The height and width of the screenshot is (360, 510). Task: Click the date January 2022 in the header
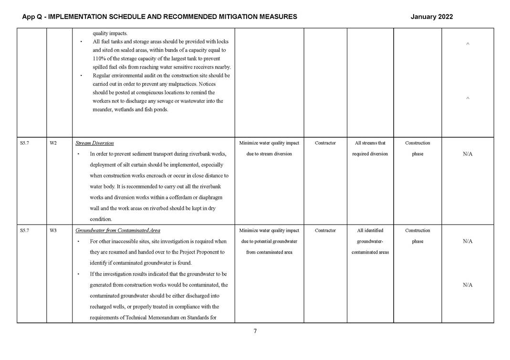(431, 17)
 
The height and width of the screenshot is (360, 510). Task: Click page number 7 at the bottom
(255, 331)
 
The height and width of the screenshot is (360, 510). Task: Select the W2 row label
(53, 143)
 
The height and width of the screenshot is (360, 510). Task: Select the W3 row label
(53, 231)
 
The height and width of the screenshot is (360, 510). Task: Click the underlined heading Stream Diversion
(94, 143)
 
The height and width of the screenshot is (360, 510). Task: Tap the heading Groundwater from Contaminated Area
(118, 231)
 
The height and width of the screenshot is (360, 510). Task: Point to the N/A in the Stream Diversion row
(467, 154)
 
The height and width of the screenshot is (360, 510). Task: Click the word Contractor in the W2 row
(325, 143)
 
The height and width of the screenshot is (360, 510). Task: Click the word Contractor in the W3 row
(325, 231)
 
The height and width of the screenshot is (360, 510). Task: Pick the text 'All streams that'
(370, 143)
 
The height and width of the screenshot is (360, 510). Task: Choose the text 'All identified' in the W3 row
(370, 231)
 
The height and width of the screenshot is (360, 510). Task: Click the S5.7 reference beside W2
(25, 143)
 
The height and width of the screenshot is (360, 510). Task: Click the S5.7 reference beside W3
(25, 231)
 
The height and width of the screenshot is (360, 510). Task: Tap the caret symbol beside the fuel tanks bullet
(468, 44)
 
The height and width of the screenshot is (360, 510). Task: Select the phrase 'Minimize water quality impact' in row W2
(269, 143)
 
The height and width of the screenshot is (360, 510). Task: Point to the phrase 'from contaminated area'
(269, 252)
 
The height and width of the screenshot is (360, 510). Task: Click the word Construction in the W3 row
(417, 231)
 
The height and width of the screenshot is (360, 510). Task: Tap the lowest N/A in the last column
(467, 285)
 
